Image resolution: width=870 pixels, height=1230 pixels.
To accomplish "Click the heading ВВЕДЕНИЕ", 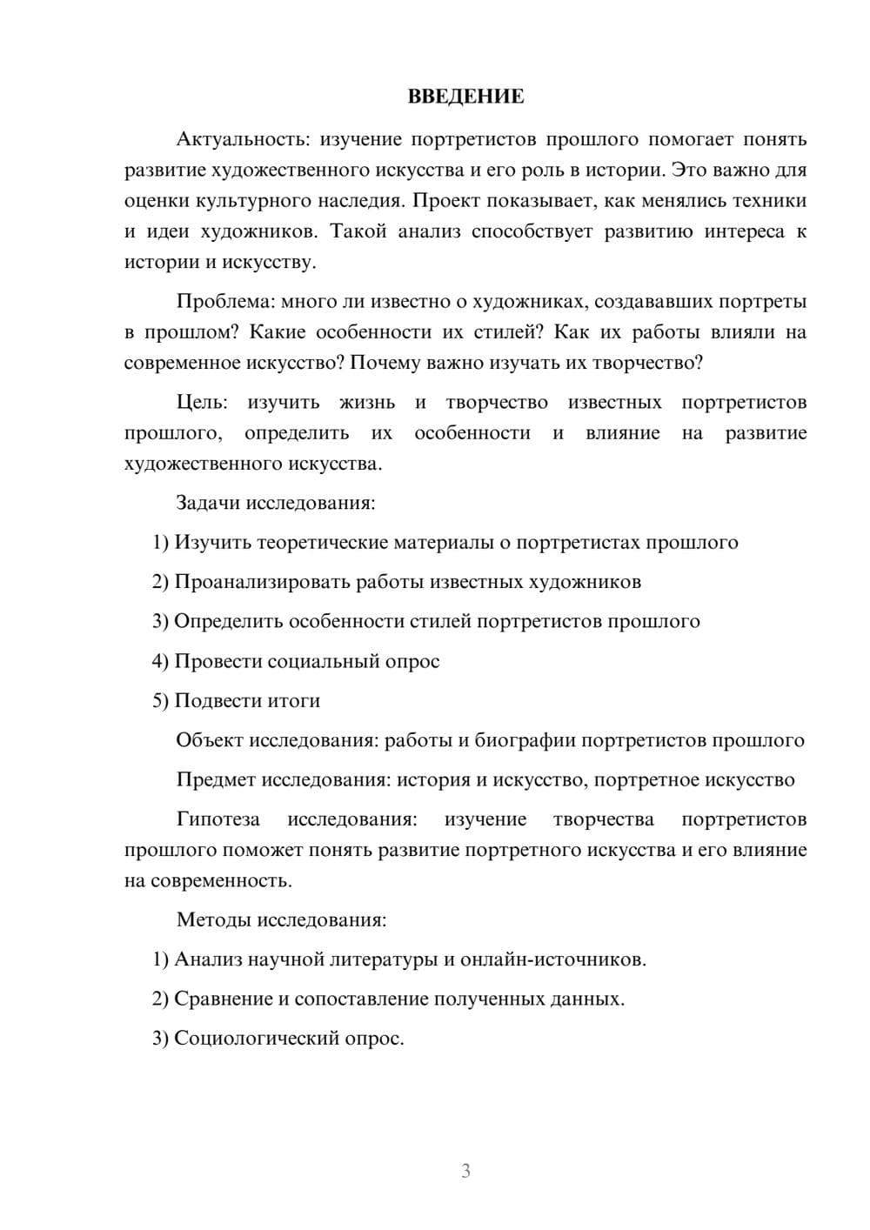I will click(465, 97).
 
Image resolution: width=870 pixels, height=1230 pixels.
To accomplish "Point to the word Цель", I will click(201, 403).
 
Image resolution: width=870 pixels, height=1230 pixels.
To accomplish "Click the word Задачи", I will click(209, 503).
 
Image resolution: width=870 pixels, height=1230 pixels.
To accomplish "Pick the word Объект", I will click(210, 740).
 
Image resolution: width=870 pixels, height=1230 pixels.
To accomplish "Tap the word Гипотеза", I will click(217, 819).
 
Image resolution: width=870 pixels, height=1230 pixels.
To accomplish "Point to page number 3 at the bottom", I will click(465, 1171).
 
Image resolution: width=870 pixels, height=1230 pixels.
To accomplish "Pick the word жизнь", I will click(366, 403).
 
